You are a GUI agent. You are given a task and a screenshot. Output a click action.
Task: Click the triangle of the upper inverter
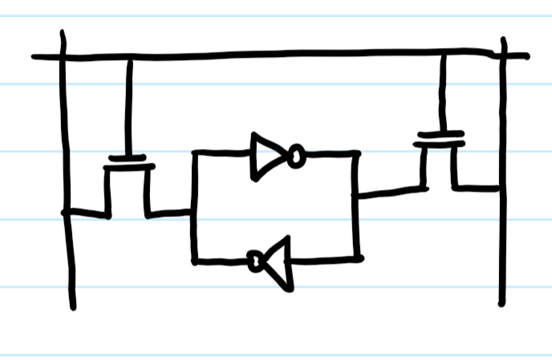[267, 155]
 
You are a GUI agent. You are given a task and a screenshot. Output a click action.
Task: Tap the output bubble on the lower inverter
[256, 261]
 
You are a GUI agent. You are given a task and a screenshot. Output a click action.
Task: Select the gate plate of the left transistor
[127, 158]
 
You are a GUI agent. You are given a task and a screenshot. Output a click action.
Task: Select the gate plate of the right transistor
[440, 134]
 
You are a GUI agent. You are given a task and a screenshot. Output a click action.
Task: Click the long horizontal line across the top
[281, 55]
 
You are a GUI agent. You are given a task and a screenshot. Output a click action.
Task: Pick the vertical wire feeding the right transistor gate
[442, 92]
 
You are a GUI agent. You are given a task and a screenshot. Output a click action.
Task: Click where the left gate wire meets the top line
[128, 57]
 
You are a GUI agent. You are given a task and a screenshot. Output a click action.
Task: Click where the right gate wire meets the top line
[443, 54]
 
